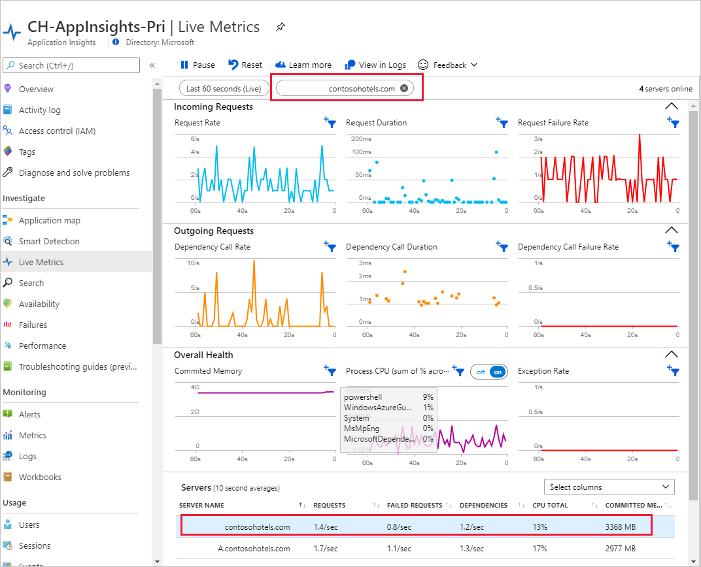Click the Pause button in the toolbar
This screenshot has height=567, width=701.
pos(197,65)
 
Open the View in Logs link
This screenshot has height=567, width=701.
pos(376,65)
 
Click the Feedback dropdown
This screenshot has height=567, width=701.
pos(448,65)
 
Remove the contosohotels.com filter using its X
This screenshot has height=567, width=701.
pos(404,88)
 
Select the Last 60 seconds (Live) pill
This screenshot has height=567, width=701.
pos(223,88)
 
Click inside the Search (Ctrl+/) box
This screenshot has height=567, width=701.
pos(72,65)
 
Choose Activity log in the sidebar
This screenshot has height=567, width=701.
pos(39,110)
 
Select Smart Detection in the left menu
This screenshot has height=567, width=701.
pos(49,241)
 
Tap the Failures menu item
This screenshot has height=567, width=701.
pos(33,325)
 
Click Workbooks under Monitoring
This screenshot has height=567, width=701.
pos(40,477)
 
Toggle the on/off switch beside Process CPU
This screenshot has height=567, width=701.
pos(489,371)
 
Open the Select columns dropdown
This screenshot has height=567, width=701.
pos(609,487)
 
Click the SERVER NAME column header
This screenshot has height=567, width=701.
pos(201,505)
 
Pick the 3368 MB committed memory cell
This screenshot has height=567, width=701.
pos(620,526)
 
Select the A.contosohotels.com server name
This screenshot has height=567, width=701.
pos(254,548)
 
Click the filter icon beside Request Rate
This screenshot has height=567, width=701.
pos(330,122)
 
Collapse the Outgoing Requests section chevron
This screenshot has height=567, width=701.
pos(671,230)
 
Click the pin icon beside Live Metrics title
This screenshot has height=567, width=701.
pos(281,27)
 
